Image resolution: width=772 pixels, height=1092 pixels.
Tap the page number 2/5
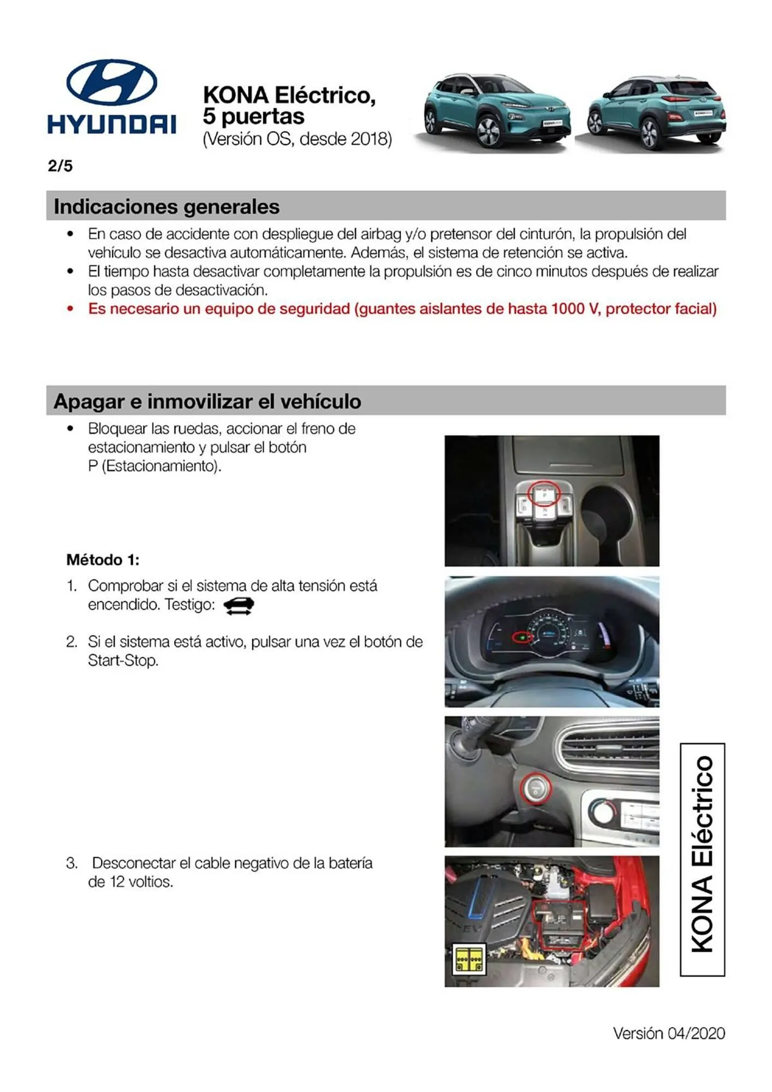60,166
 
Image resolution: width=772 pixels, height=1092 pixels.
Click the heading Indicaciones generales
167,207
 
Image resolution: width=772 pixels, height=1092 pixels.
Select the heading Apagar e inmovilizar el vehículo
207,402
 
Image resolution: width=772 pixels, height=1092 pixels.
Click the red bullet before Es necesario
70,309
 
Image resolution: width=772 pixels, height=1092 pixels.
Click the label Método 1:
103,560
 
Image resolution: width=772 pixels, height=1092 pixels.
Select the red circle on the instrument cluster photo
522,637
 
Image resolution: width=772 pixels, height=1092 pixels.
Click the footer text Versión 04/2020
669,1033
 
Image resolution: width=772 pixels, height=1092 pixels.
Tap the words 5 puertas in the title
253,116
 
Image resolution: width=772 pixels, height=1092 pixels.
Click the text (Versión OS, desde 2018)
297,139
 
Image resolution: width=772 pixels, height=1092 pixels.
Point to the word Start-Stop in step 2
123,661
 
